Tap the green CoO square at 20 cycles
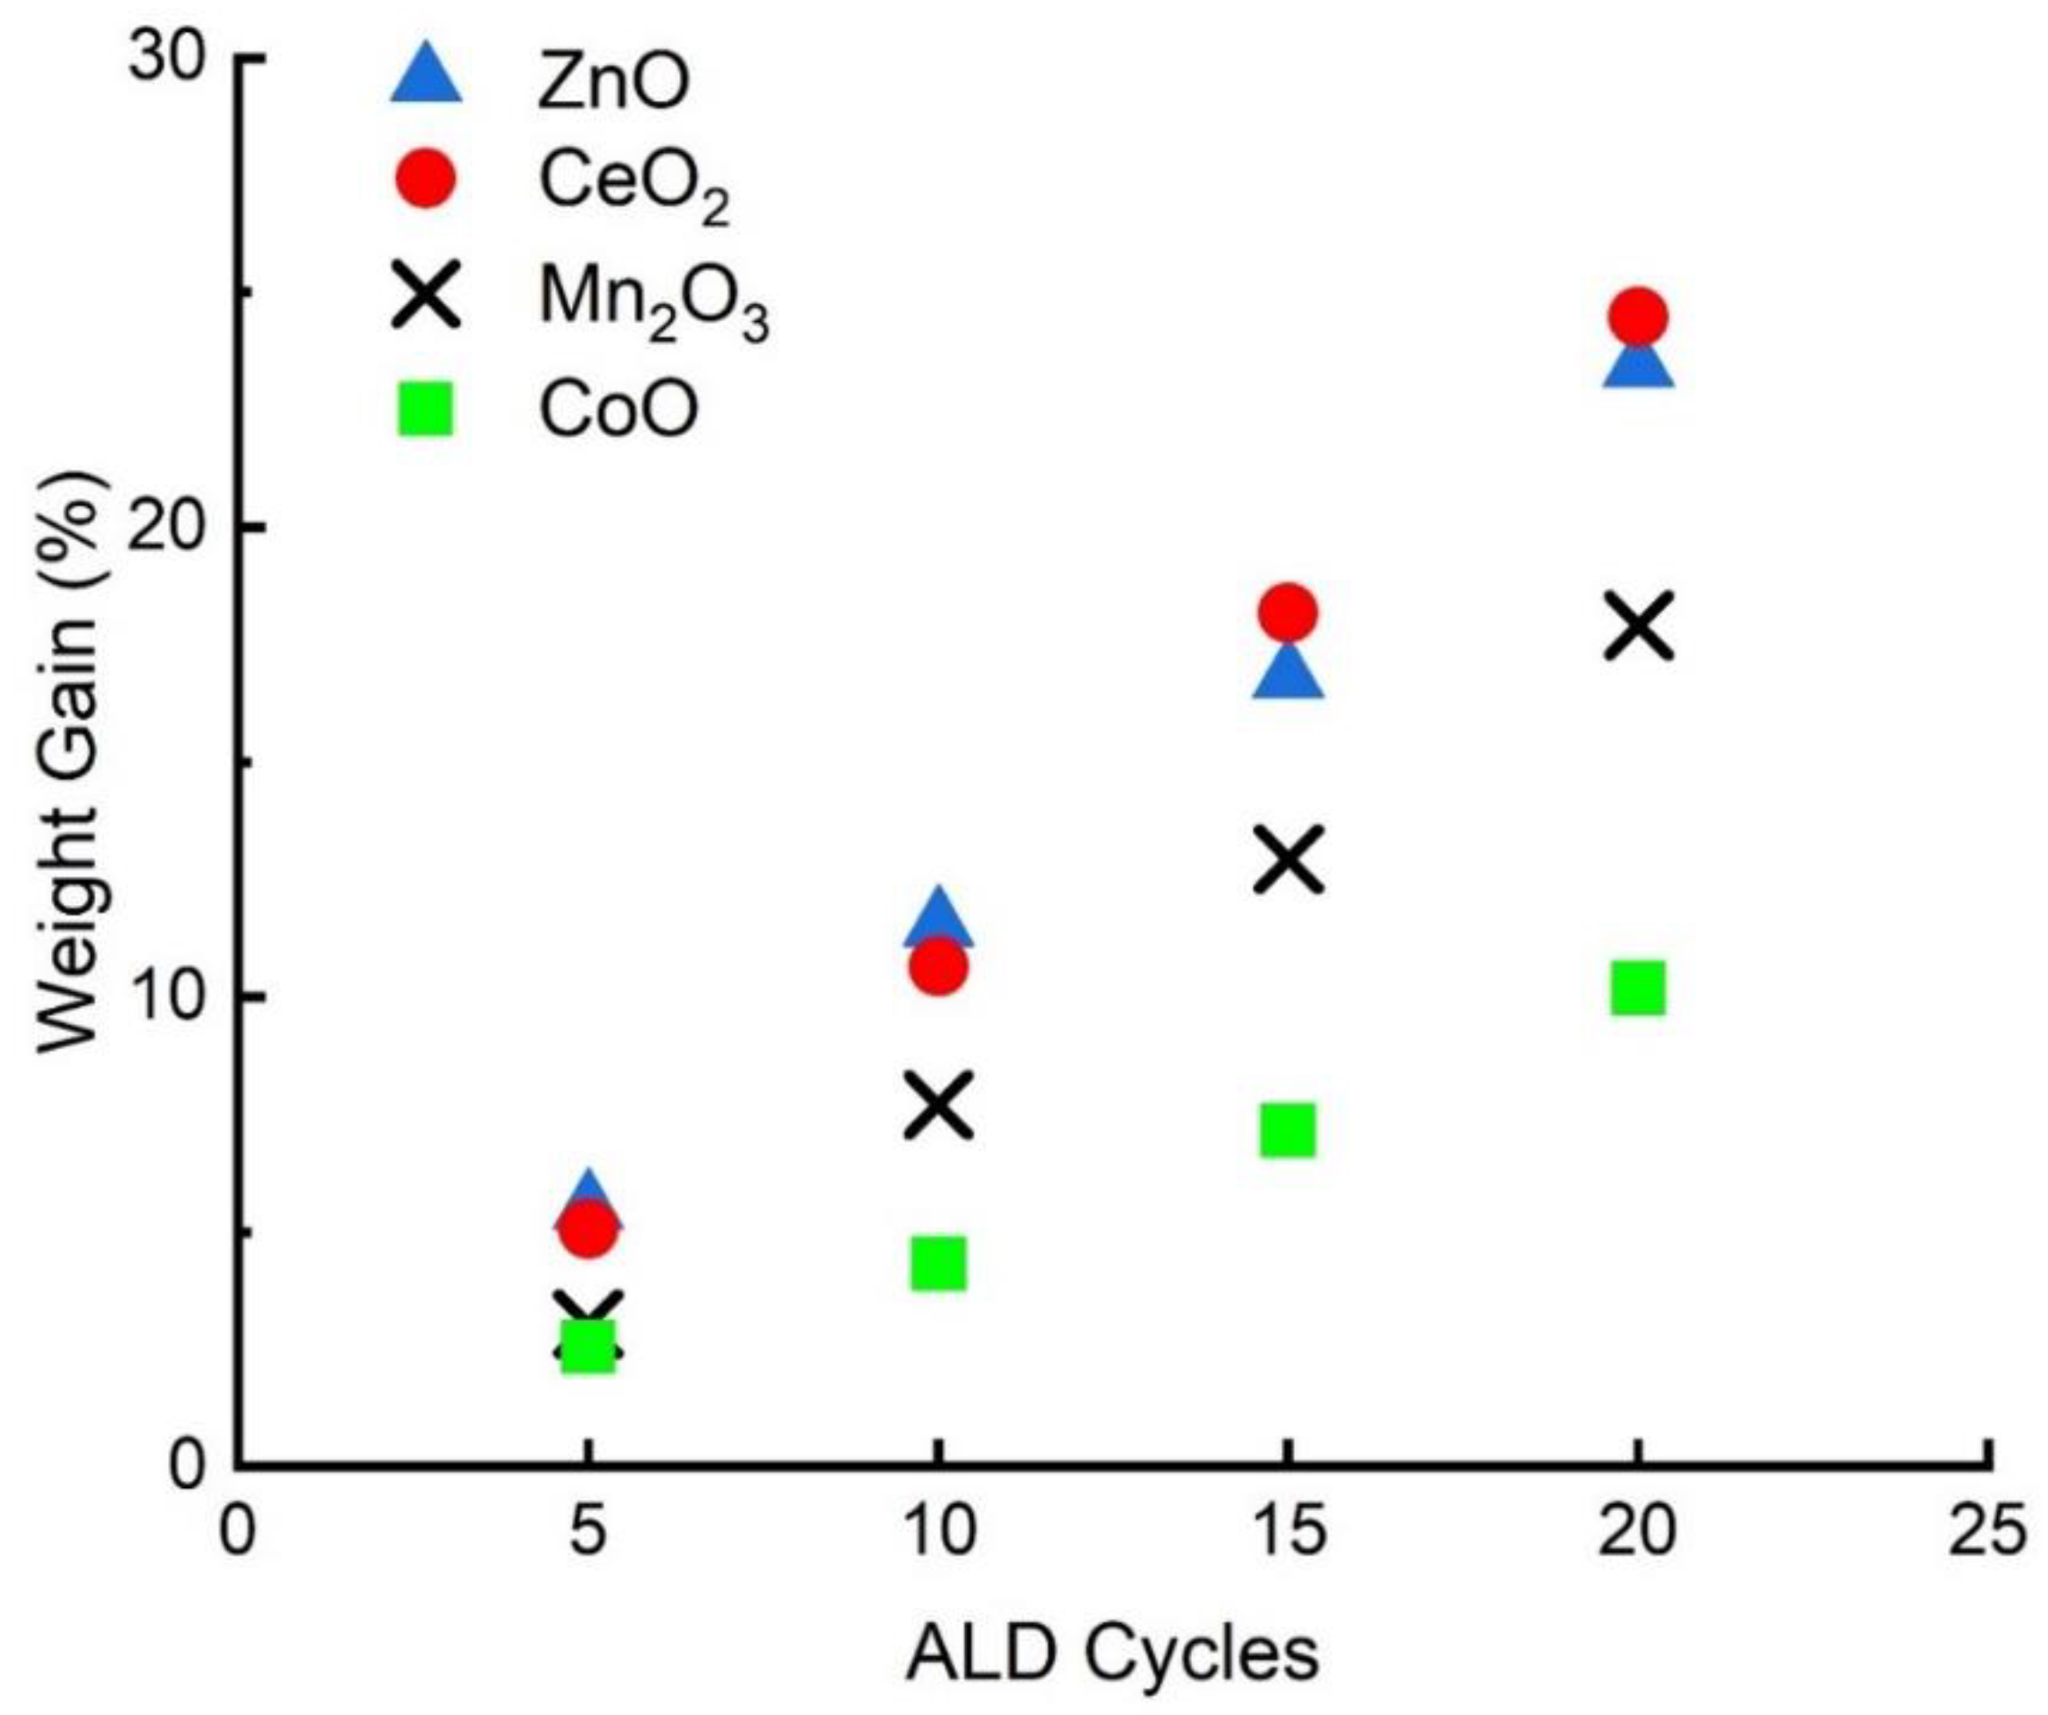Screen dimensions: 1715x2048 pos(1638,988)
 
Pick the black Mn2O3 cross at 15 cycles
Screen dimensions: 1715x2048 pos(1288,859)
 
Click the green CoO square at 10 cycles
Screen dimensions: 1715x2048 pos(938,1265)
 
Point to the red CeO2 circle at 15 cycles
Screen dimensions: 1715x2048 pos(1288,613)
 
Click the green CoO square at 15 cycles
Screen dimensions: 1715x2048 pos(1287,1131)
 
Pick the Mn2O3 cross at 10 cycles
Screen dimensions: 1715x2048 pos(938,1106)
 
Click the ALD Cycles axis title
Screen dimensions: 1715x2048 pos(1113,1653)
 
